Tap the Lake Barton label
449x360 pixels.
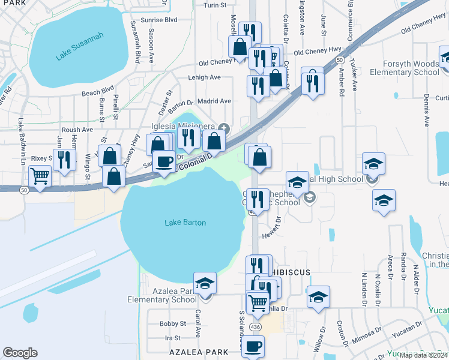click(185, 223)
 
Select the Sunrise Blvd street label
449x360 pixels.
click(159, 20)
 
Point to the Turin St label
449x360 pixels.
click(215, 5)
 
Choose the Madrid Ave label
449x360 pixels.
click(214, 101)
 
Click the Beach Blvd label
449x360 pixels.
click(98, 91)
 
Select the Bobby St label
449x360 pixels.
click(173, 323)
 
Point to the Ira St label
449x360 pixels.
click(173, 338)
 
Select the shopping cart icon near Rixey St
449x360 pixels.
click(40, 177)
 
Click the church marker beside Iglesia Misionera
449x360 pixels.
click(224, 127)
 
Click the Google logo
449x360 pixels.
click(20, 353)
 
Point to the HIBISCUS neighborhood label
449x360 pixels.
click(292, 272)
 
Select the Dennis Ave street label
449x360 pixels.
click(426, 109)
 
